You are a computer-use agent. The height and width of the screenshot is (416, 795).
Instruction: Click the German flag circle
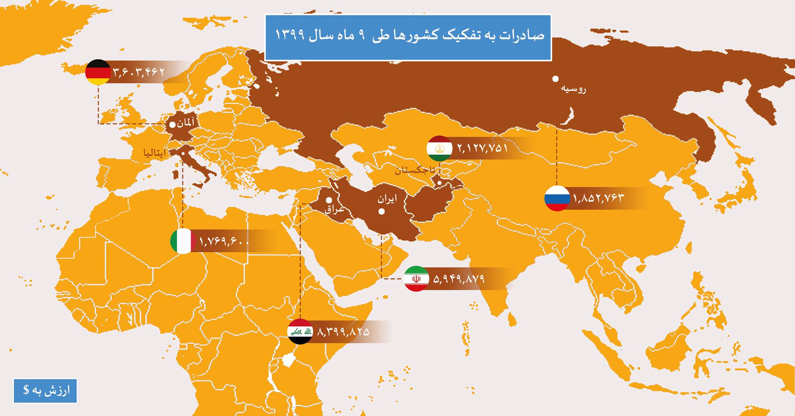coord(98,72)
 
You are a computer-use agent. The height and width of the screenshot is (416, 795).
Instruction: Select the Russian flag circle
coord(557,198)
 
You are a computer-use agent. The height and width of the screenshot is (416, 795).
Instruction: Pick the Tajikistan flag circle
coord(439,148)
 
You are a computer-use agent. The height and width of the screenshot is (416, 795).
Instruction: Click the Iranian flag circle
coord(416,279)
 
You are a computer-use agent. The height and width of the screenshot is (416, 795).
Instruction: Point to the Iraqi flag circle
coord(300,332)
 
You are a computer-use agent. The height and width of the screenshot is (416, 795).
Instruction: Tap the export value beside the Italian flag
coord(224,241)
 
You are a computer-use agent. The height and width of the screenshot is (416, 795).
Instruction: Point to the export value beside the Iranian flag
coord(459,279)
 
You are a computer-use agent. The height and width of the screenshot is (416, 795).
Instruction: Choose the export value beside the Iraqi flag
coord(343,332)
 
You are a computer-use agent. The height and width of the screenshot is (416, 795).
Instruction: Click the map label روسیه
coord(574,89)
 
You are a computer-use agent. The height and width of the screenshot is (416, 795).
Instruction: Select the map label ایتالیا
coord(155,153)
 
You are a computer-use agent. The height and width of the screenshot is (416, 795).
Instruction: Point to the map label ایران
coord(387,199)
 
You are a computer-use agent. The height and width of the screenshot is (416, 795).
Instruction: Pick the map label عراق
coord(334,209)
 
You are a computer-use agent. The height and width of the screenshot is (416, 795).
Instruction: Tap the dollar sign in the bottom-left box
coord(26,390)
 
